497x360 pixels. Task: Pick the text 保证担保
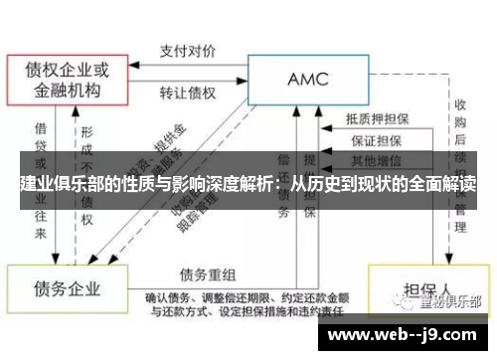[x=374, y=139]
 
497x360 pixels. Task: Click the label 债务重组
[x=208, y=272]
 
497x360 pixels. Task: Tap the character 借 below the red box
[x=41, y=130]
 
